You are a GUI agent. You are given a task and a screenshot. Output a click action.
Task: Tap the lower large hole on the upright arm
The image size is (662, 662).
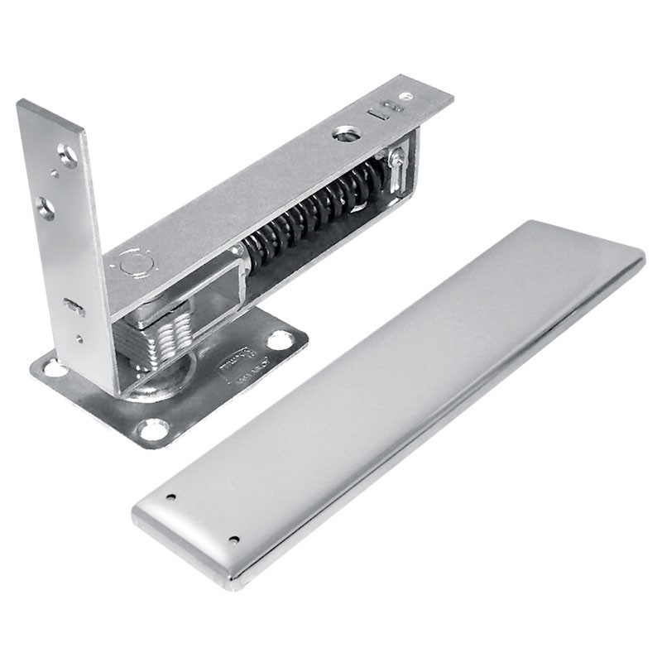[x=46, y=209]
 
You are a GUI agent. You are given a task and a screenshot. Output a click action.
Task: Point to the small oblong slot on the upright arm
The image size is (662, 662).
[x=74, y=307]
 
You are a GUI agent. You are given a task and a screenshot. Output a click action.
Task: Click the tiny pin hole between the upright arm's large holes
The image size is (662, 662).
[x=54, y=174]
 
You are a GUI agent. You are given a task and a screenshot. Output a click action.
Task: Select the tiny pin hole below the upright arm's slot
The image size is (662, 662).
[x=79, y=338]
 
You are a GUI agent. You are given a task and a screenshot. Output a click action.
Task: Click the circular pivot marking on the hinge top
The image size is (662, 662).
[x=134, y=263]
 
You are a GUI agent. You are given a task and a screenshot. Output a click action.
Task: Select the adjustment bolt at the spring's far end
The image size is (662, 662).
[x=396, y=165]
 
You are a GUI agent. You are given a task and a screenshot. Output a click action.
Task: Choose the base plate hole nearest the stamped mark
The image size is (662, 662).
[x=279, y=339]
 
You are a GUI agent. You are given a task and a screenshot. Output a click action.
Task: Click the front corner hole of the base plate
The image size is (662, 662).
[x=153, y=429]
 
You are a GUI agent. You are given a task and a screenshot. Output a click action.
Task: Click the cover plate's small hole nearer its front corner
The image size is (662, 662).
[x=233, y=540]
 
